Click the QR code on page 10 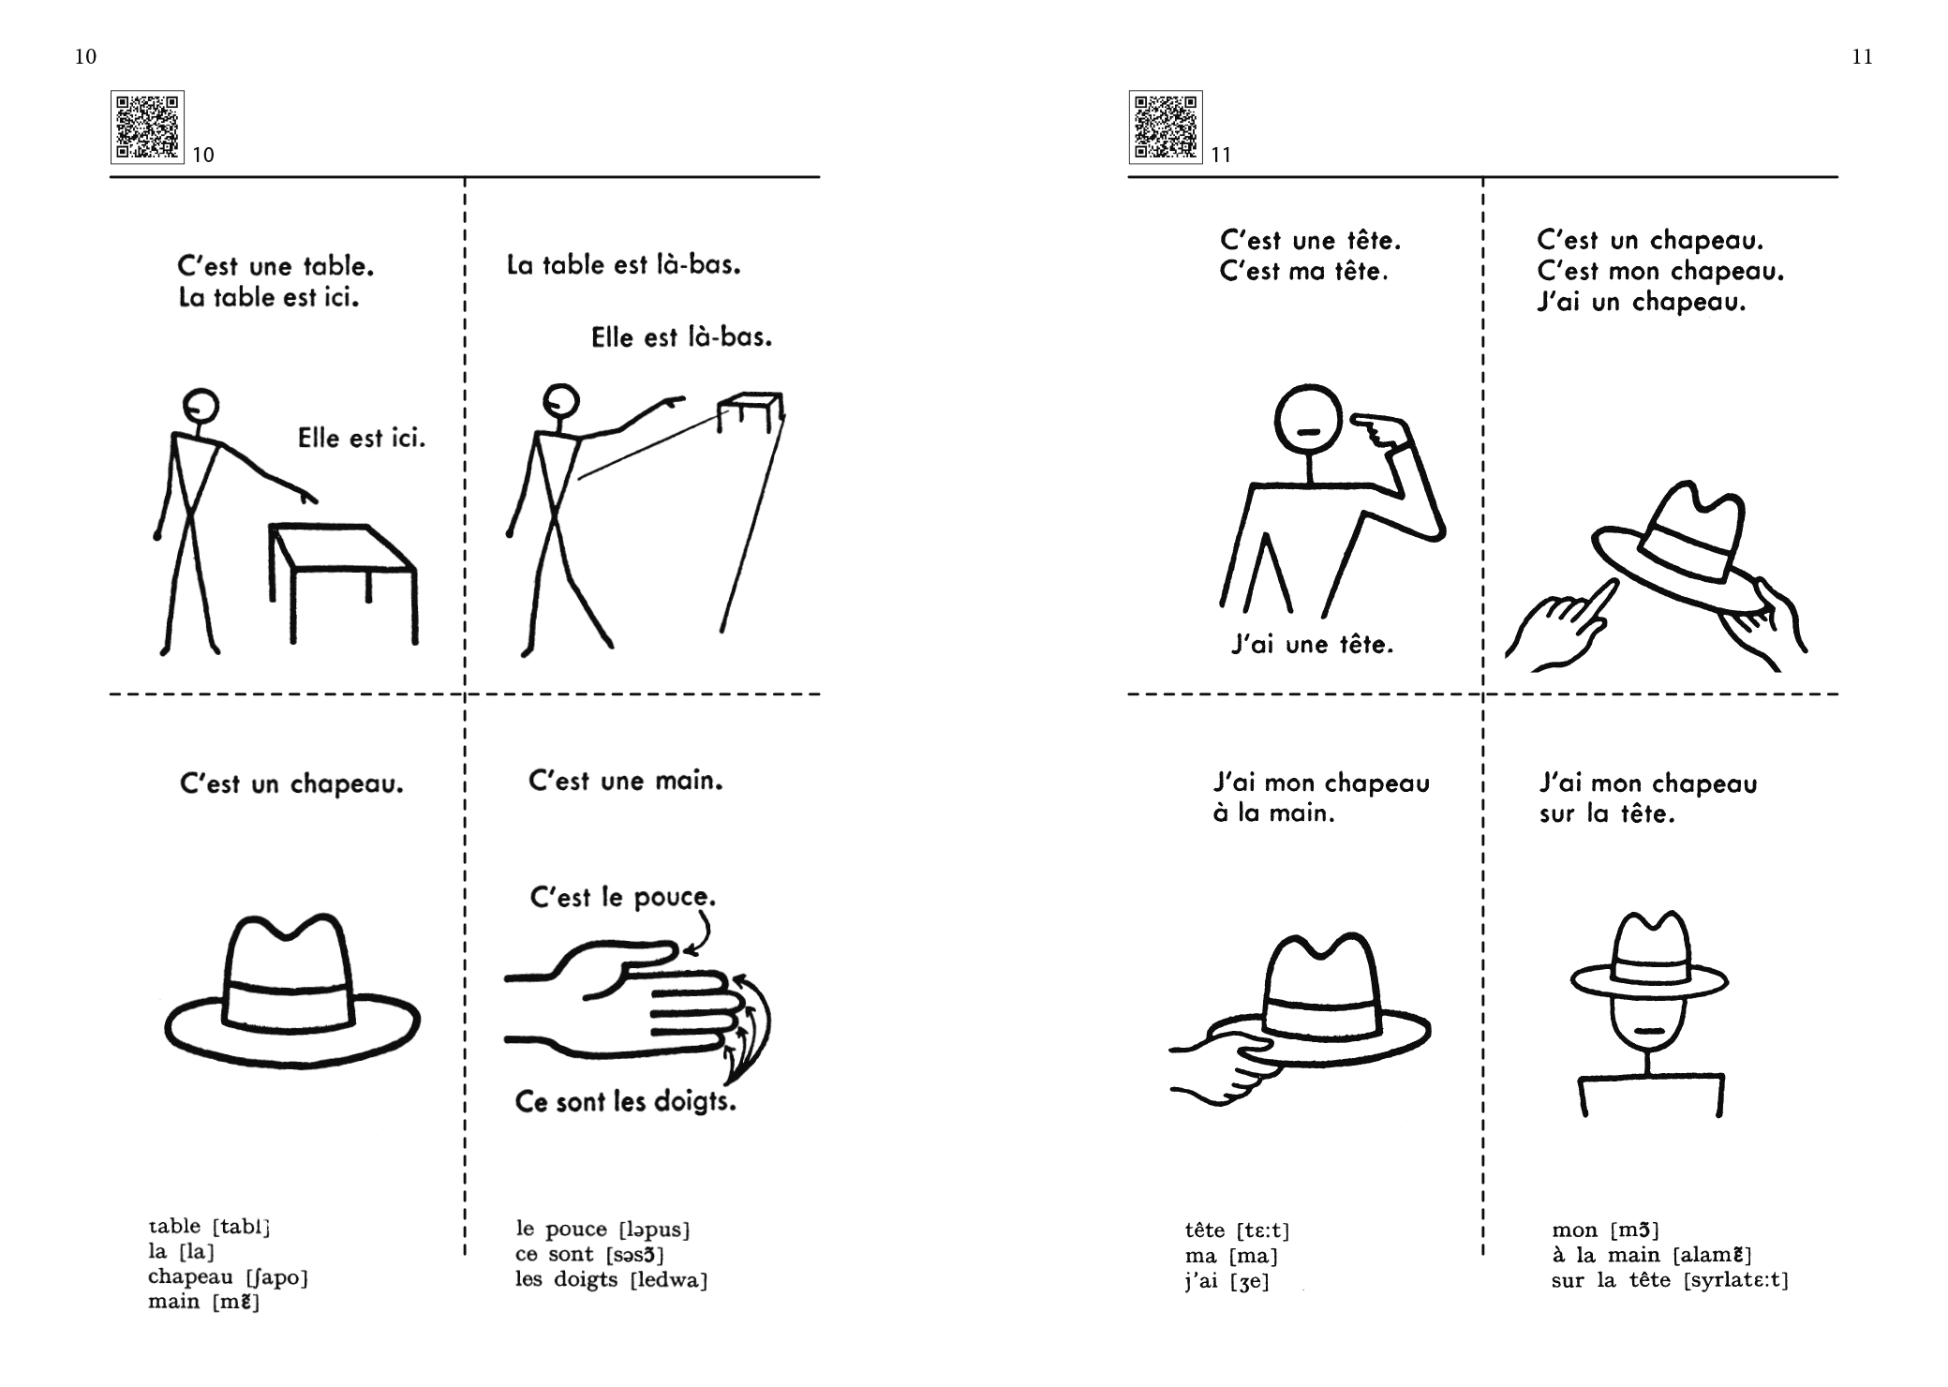point(147,127)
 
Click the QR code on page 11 point(1166,127)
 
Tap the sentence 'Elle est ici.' point(362,438)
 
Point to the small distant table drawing point(751,412)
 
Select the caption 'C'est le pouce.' point(623,897)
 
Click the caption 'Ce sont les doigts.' point(626,1101)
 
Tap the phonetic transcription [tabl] point(242,1227)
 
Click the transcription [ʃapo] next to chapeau point(276,1277)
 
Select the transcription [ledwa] point(669,1280)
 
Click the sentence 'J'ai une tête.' point(1312,645)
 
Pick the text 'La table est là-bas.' point(624,265)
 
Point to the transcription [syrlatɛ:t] point(1735,1280)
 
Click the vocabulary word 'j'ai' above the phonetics point(1200,1281)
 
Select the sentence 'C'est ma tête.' point(1304,272)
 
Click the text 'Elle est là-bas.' point(682,337)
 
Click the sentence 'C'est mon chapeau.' point(1660,272)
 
